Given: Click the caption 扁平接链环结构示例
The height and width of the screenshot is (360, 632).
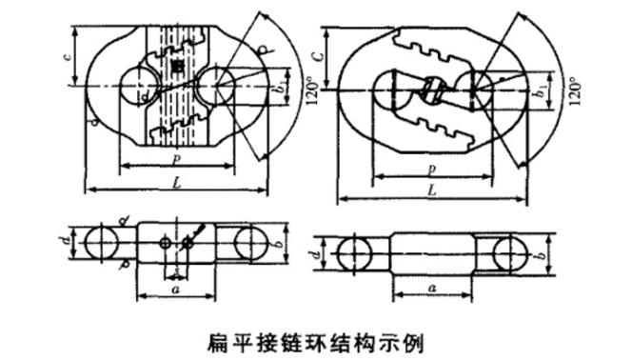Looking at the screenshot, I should click(316, 338).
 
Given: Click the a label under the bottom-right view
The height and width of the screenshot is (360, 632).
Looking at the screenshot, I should click(433, 286).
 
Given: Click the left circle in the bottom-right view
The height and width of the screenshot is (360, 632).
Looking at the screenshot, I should click(355, 255).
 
